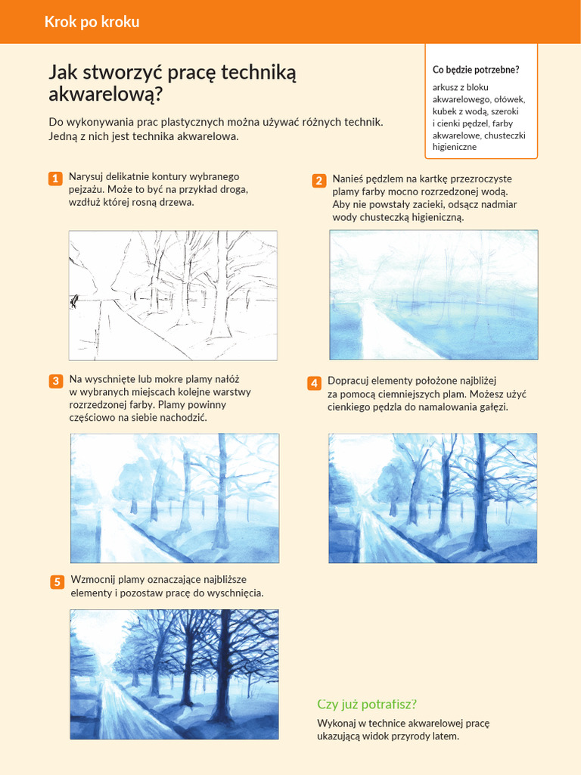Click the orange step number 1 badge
pyautogui.click(x=55, y=179)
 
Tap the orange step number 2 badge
pyautogui.click(x=319, y=180)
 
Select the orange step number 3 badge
pyautogui.click(x=56, y=381)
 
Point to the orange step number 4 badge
pyautogui.click(x=314, y=383)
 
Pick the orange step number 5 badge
pyautogui.click(x=57, y=582)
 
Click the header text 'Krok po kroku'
pyautogui.click(x=92, y=22)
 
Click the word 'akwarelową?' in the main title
pyautogui.click(x=106, y=95)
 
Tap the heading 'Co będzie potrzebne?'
pyautogui.click(x=476, y=70)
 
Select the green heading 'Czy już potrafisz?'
pyautogui.click(x=367, y=705)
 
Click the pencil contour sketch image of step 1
pyautogui.click(x=173, y=295)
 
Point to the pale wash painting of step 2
pyautogui.click(x=433, y=294)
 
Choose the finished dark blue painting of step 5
pyautogui.click(x=175, y=674)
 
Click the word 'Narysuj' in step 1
pyautogui.click(x=85, y=177)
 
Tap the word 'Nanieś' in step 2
pyautogui.click(x=348, y=179)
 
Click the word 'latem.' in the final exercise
pyautogui.click(x=445, y=736)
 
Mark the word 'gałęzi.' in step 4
pyautogui.click(x=492, y=408)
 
